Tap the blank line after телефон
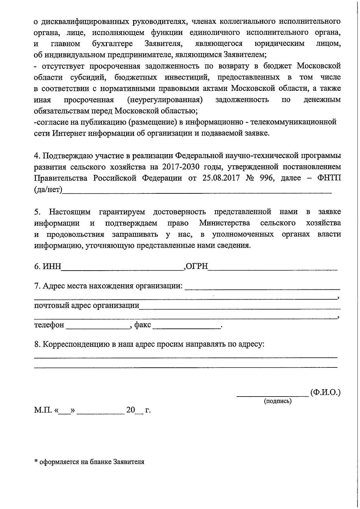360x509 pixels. click(x=98, y=328)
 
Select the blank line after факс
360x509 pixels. click(x=186, y=328)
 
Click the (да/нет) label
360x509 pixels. click(x=48, y=190)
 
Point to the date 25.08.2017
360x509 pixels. click(x=221, y=178)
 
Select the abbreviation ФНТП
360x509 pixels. click(x=329, y=178)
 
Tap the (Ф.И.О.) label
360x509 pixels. click(x=325, y=392)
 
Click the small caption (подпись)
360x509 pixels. click(x=277, y=401)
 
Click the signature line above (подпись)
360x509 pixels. click(x=272, y=395)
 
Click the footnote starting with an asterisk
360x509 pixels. click(x=89, y=462)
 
